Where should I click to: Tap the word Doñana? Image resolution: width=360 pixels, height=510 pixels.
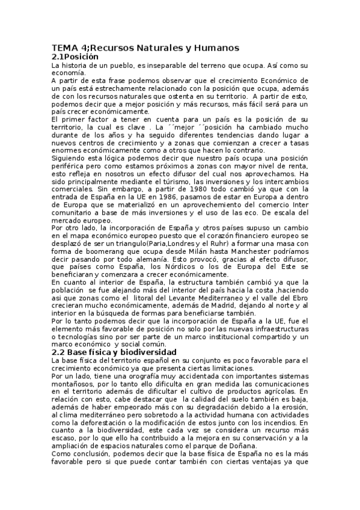(236, 446)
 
